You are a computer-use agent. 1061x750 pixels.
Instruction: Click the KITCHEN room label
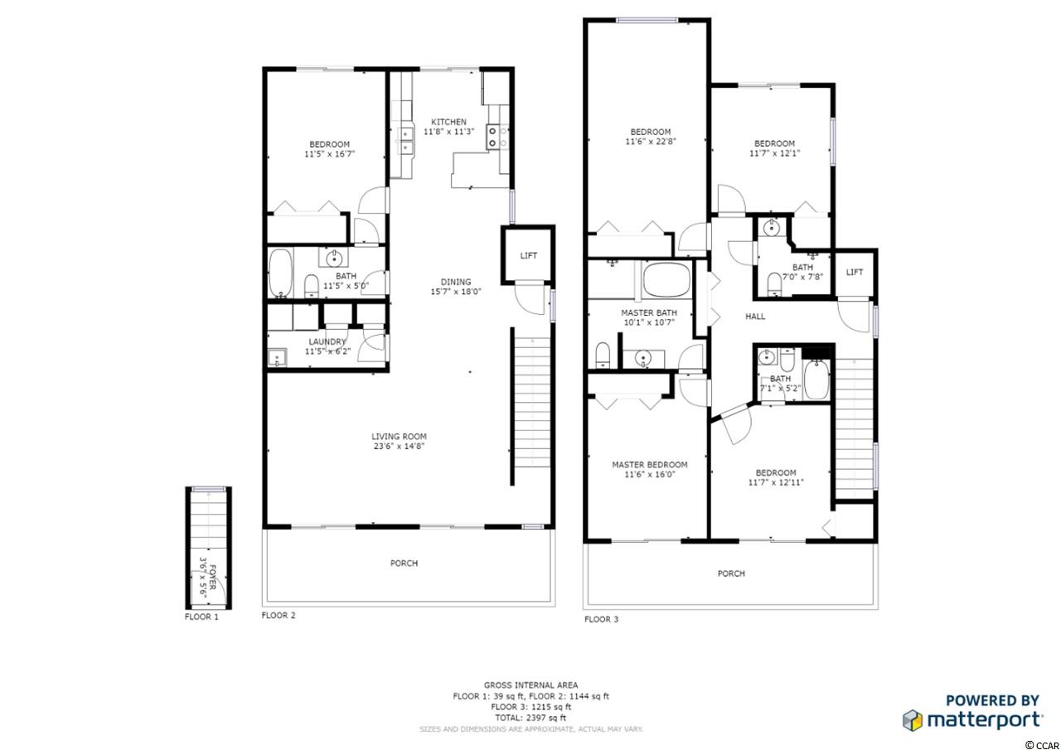(x=448, y=122)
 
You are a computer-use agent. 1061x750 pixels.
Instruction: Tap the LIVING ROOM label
(x=399, y=437)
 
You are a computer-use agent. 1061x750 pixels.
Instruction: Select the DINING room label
(x=456, y=282)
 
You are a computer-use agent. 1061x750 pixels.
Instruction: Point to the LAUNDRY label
(x=327, y=342)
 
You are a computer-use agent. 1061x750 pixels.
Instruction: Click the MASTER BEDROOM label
(x=649, y=465)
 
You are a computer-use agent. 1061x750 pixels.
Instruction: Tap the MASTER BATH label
(x=649, y=313)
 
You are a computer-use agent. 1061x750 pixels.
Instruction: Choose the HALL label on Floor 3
(x=755, y=317)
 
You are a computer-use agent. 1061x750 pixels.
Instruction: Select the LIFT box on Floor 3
(x=855, y=273)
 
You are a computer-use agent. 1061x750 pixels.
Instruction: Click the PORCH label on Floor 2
(x=404, y=563)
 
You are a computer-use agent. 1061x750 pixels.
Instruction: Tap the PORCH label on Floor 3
(x=731, y=573)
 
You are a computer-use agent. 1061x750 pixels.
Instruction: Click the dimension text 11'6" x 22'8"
(x=651, y=142)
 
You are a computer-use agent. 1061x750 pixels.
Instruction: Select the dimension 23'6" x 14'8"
(x=399, y=446)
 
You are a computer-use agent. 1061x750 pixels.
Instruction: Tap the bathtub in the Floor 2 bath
(x=280, y=273)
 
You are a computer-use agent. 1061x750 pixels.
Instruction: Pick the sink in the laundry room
(x=277, y=357)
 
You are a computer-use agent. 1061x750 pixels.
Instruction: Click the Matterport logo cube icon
(x=913, y=720)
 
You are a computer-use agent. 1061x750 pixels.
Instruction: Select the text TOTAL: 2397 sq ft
(x=530, y=718)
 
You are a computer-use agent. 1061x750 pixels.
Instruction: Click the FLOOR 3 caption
(x=601, y=619)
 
